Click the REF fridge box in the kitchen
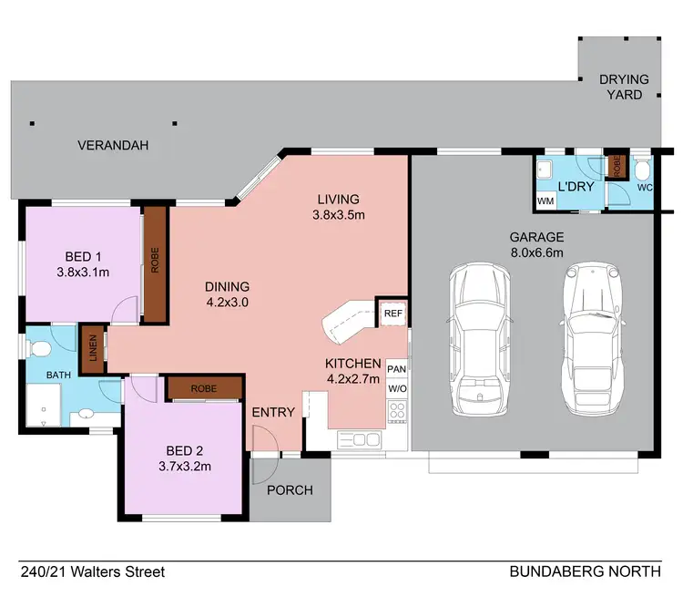[x=393, y=313]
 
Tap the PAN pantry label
[x=396, y=368]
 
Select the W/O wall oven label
[x=396, y=388]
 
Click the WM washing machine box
[x=546, y=201]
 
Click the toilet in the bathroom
[x=37, y=350]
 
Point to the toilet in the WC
[x=642, y=170]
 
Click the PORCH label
[x=290, y=490]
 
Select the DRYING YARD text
[x=624, y=87]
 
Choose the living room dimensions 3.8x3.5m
[x=338, y=216]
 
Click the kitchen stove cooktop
[x=398, y=411]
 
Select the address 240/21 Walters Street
[x=93, y=572]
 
